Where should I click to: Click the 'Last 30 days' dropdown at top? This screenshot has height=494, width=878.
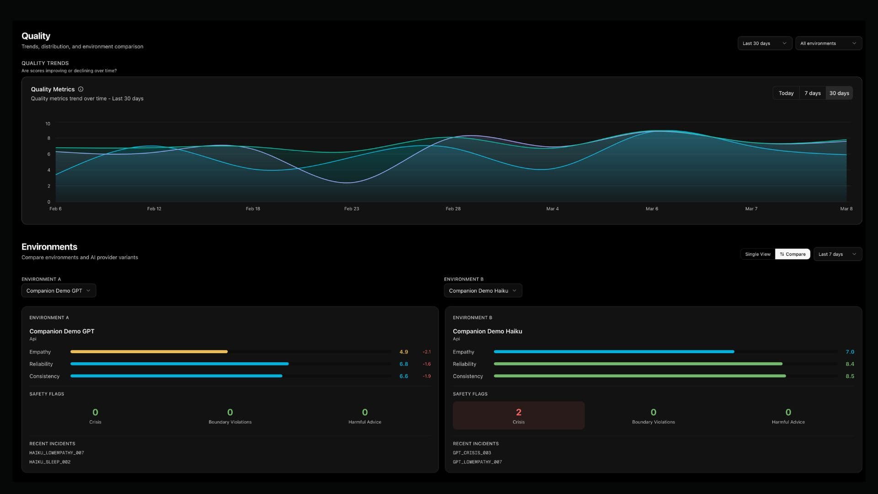765,43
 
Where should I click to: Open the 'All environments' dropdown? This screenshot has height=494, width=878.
828,43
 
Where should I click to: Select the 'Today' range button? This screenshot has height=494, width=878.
786,93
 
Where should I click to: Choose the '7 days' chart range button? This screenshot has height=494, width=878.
813,93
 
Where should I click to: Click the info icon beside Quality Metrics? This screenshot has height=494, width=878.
81,89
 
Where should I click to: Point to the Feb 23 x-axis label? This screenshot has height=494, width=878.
352,209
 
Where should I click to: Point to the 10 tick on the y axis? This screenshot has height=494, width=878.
48,124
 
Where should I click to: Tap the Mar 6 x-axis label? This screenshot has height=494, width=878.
652,209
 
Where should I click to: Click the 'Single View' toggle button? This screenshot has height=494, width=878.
758,254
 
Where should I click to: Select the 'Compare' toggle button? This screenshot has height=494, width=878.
793,254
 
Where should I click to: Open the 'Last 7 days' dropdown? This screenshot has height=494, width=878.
837,254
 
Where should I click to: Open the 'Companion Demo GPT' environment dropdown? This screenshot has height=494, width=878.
59,291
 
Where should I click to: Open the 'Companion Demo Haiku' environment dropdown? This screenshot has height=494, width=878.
483,291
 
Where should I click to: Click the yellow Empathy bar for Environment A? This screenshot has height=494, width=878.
149,352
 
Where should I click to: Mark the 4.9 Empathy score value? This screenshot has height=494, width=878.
404,352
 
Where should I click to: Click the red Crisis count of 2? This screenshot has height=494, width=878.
519,413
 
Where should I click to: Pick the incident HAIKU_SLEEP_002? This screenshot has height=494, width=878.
50,462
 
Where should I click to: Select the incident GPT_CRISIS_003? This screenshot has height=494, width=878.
472,453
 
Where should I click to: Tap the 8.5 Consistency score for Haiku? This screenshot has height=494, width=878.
850,376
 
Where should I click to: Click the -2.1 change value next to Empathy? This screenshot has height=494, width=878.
427,352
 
